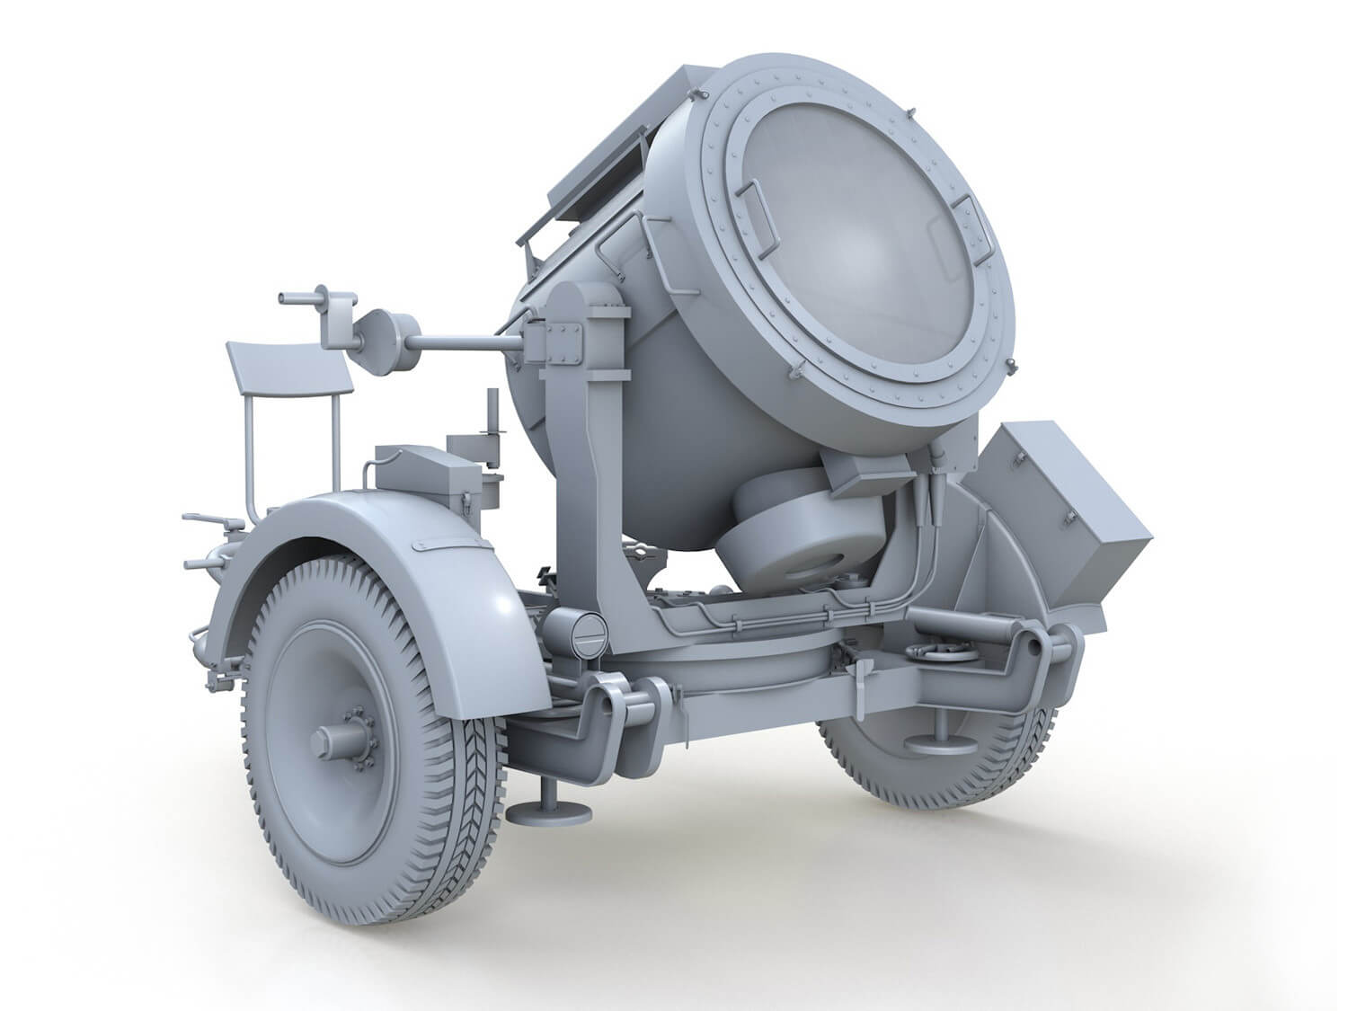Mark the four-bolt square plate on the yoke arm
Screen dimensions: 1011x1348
[563, 341]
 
